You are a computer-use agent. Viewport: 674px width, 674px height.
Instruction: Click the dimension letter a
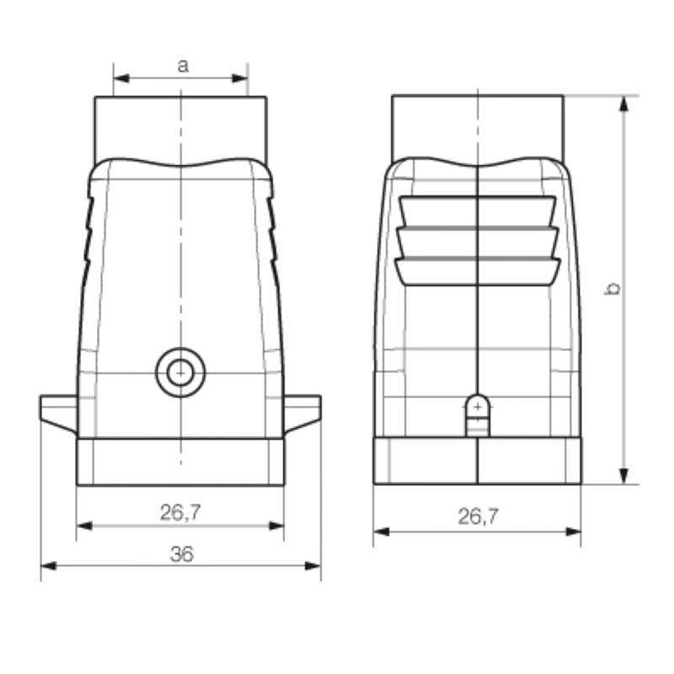182,66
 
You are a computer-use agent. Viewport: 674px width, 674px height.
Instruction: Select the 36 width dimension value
181,554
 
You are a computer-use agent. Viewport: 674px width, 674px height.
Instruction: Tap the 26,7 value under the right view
478,517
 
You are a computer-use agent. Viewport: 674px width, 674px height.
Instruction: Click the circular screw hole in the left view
179,371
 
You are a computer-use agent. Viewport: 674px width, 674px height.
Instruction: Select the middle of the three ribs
478,241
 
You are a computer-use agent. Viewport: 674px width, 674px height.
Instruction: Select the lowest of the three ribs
478,270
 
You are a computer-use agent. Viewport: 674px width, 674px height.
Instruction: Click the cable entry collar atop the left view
180,126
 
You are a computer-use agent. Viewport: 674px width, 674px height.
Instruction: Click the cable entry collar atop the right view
478,126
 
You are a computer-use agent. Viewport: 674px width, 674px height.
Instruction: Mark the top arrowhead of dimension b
624,104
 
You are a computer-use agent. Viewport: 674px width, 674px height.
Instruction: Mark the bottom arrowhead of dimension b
624,477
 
